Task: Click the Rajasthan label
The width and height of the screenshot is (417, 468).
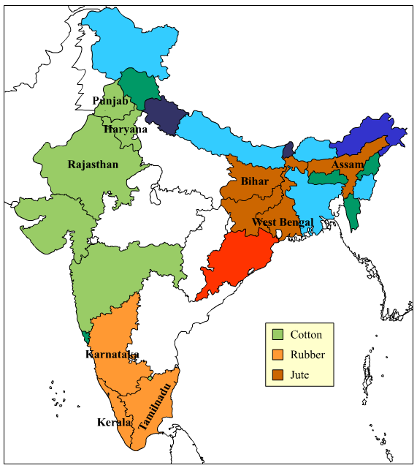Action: tap(93, 164)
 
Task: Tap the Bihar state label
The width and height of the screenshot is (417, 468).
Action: tap(255, 181)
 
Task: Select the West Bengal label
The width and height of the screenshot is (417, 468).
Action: tap(283, 222)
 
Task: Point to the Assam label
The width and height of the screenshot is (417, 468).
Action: tap(347, 165)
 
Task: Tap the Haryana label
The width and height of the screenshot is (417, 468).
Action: tap(120, 129)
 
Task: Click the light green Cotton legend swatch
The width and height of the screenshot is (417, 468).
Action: tap(278, 335)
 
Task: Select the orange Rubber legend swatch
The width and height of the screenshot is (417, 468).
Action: tap(278, 355)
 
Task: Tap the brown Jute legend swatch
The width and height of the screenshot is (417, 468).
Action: tap(278, 375)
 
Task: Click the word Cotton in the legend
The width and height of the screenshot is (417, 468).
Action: tap(306, 335)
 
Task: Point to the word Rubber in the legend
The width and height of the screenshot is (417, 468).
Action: tap(307, 355)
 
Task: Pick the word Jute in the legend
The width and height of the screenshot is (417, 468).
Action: tap(300, 375)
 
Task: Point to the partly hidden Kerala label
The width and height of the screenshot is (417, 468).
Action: tap(121, 422)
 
